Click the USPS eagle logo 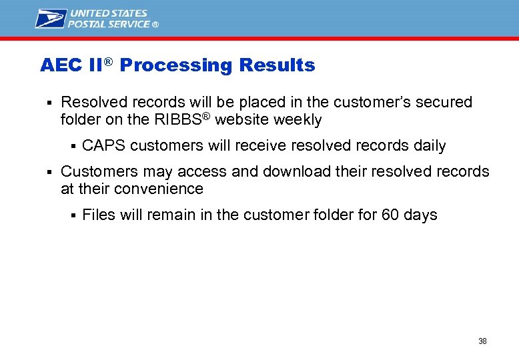point(51,18)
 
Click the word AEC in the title point(61,65)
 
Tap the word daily point(430,146)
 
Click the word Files point(99,215)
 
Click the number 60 point(390,215)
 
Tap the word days point(420,215)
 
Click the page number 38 point(482,341)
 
